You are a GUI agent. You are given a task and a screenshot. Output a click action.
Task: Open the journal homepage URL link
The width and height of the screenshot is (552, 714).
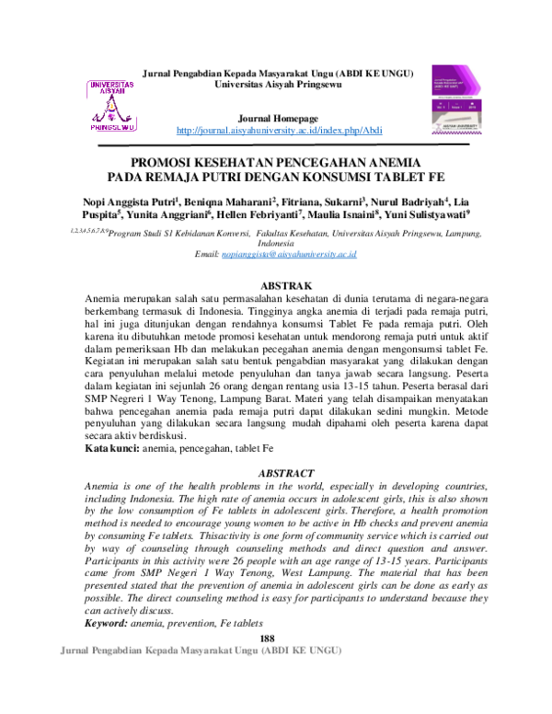(279, 130)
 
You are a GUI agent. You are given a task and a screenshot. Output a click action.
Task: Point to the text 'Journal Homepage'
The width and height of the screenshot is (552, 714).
(278, 119)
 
